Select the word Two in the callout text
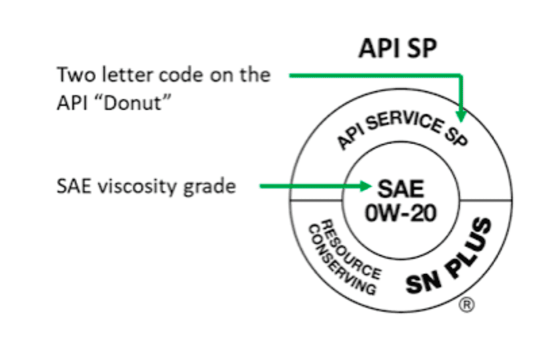tap(74, 74)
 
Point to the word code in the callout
tap(180, 75)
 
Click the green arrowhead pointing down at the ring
tap(461, 116)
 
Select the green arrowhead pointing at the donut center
tap(367, 187)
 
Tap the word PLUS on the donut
tap(469, 246)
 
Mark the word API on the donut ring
tap(348, 138)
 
